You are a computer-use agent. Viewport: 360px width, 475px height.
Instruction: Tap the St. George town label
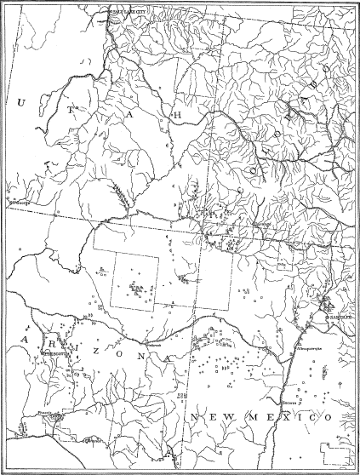coord(18,203)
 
